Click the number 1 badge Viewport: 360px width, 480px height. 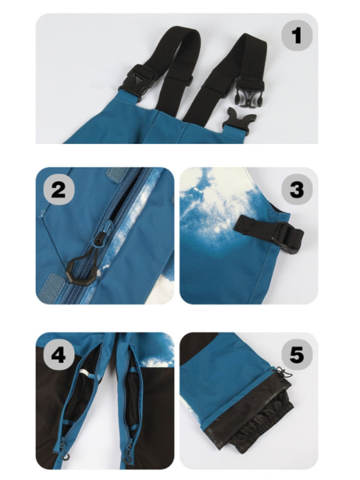point(297,35)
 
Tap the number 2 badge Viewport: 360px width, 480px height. point(59,190)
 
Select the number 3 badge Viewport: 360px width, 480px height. point(297,190)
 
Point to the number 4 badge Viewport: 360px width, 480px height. point(59,355)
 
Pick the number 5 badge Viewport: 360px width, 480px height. point(297,355)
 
